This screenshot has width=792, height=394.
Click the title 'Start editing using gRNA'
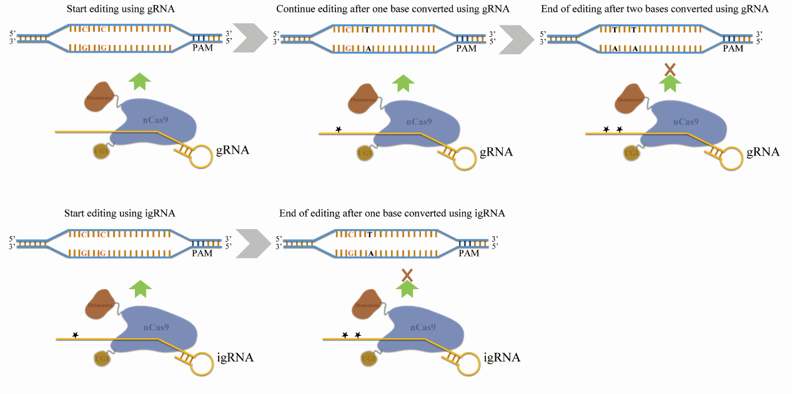pos(119,9)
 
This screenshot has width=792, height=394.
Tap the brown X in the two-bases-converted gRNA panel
pos(670,69)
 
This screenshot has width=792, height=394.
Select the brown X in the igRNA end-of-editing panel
pos(407,274)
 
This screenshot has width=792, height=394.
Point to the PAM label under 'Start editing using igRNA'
pos(202,254)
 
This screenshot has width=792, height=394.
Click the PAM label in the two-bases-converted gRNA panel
pos(733,49)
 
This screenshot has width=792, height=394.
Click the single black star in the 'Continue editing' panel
pos(339,129)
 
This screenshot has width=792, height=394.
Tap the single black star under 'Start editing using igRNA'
pos(75,335)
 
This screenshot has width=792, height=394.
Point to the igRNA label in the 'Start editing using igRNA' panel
pos(235,358)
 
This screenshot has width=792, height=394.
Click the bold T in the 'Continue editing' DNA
pos(367,29)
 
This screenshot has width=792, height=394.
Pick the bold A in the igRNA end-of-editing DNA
pos(371,254)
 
